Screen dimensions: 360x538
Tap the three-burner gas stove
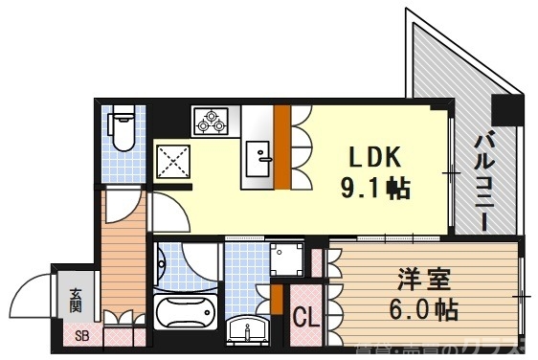pyautogui.click(x=211, y=121)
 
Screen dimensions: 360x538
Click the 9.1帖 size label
pyautogui.click(x=373, y=189)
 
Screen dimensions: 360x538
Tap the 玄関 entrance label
pyautogui.click(x=75, y=301)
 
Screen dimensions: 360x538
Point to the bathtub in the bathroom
pyautogui.click(x=188, y=313)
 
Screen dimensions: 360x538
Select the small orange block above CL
pyautogui.click(x=276, y=299)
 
